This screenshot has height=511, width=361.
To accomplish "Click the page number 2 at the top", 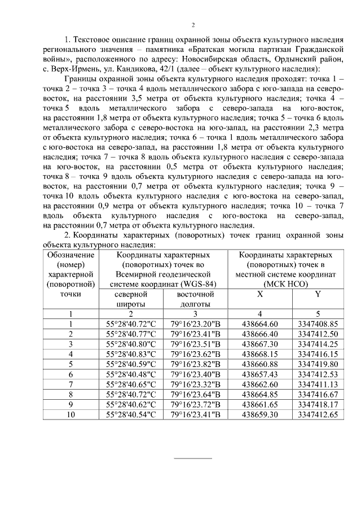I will [x=193, y=25].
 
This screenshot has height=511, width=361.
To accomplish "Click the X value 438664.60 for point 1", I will [x=259, y=324].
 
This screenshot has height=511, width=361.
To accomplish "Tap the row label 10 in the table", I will [x=71, y=414].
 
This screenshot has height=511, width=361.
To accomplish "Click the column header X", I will [x=259, y=294].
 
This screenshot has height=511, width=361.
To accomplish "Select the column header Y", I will [x=318, y=294].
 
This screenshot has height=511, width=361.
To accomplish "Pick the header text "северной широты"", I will [x=130, y=299].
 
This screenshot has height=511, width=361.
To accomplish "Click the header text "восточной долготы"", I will [x=195, y=299].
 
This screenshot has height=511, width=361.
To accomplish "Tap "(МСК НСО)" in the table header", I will [x=288, y=284].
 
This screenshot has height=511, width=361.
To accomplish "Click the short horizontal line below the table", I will [x=192, y=457].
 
